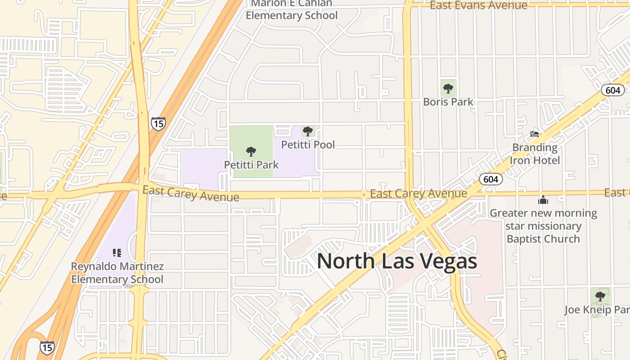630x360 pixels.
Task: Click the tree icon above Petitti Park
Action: click(251, 152)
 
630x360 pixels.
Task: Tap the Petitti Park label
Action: click(251, 165)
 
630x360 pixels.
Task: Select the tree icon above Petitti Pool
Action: click(308, 131)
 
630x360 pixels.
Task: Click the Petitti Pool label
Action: click(308, 144)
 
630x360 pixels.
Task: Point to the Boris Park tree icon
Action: click(448, 89)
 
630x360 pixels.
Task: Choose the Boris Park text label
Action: click(448, 102)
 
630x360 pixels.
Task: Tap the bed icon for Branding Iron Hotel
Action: click(535, 134)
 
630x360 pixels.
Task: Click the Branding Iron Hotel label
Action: click(535, 154)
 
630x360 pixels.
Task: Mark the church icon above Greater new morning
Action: click(543, 200)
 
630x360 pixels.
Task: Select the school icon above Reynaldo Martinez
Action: click(117, 253)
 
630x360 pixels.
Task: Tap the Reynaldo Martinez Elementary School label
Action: click(117, 273)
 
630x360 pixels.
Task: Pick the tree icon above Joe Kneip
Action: click(600, 296)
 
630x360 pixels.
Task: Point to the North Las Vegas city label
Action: click(397, 261)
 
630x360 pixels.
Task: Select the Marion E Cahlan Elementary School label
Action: click(292, 10)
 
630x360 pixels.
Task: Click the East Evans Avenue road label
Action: click(478, 5)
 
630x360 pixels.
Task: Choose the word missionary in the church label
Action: click(543, 226)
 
